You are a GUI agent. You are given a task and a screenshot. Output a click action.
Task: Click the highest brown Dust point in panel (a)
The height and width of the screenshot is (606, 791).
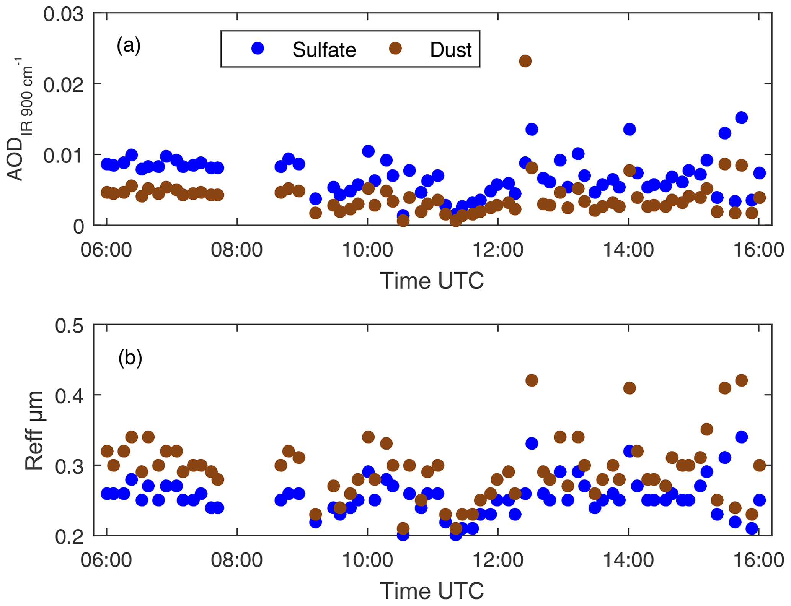point(525,61)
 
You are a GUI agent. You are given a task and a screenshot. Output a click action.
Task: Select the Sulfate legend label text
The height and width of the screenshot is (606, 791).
point(324,50)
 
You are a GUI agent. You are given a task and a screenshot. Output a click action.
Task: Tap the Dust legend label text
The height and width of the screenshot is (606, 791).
point(450,50)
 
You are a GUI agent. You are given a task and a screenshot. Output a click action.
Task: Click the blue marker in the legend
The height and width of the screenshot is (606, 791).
point(258,48)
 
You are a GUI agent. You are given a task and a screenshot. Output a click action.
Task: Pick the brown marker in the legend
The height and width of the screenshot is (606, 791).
point(395,48)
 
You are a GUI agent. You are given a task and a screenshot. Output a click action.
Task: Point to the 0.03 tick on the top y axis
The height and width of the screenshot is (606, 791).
point(63,15)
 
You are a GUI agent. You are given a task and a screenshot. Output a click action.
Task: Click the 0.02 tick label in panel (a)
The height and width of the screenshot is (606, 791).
point(63,84)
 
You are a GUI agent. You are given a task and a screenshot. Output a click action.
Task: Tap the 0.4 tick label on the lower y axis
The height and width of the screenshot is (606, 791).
point(69,396)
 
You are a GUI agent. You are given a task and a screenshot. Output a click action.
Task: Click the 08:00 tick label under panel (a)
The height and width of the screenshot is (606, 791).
point(237,250)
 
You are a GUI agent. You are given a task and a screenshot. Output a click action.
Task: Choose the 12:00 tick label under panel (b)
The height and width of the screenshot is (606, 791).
point(497,561)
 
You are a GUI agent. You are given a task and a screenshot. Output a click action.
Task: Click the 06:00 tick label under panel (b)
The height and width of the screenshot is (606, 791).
point(106,561)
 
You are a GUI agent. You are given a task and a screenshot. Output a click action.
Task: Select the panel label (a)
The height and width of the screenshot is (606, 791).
point(129,46)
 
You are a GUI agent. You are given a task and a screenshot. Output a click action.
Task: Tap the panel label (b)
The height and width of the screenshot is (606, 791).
point(130,358)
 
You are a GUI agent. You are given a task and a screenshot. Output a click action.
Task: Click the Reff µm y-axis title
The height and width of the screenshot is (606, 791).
point(34,430)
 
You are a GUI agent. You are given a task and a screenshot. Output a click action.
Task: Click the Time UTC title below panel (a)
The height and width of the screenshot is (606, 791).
point(432,281)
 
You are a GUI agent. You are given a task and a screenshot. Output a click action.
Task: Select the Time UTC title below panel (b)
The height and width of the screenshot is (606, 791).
point(432,591)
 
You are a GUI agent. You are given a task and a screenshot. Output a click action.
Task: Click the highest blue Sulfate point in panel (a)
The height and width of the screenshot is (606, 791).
point(741,118)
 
